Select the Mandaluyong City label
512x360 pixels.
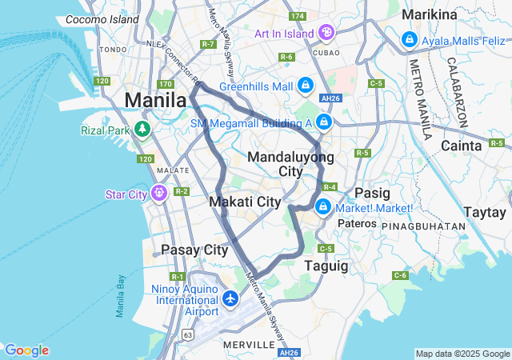click(285, 164)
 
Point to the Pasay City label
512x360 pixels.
click(194, 250)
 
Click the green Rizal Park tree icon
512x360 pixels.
click(142, 129)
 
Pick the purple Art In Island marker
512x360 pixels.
click(326, 33)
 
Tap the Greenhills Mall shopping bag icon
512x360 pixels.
click(305, 84)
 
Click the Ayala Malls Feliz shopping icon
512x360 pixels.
click(409, 38)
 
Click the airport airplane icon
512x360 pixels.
click(231, 298)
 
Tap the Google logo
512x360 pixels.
click(26, 350)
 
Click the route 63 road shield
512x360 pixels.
click(187, 332)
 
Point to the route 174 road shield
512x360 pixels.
click(298, 16)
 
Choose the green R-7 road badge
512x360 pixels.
click(210, 44)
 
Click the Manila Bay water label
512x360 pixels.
click(120, 296)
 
